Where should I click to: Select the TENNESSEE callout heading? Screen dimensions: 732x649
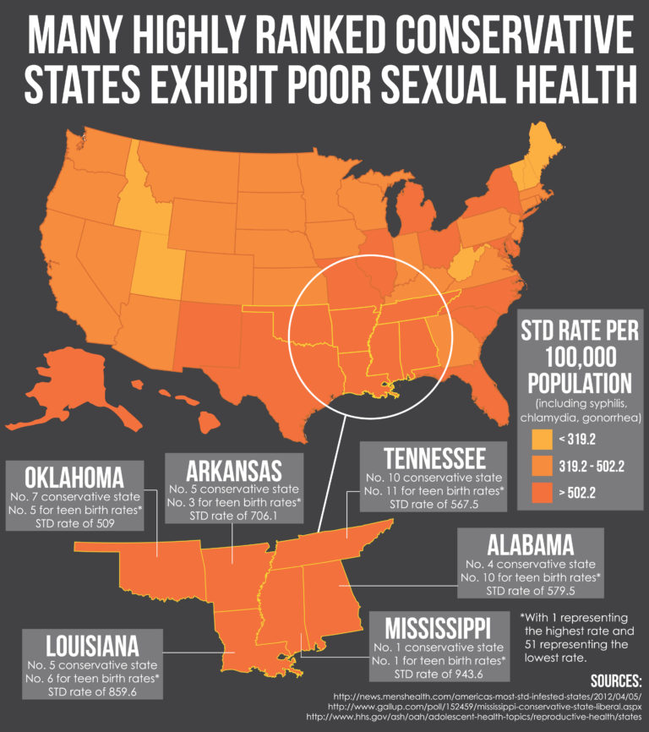click(434, 458)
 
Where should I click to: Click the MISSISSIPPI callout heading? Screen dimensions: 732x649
click(437, 629)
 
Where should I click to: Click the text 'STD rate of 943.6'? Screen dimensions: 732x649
click(437, 674)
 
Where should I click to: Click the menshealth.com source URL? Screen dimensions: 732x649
click(484, 694)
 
